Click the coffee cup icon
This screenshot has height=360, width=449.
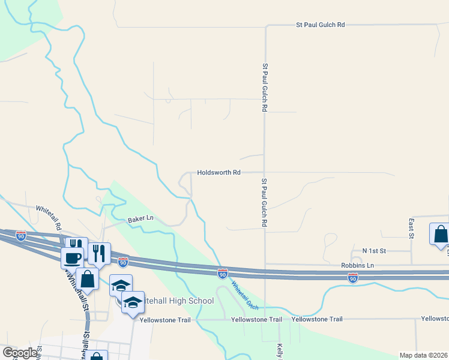point(73,257)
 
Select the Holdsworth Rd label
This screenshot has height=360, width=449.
point(218,172)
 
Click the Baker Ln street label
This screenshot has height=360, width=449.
point(141,220)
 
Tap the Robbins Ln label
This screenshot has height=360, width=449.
point(358,265)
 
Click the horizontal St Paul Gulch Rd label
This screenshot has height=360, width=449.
point(321,25)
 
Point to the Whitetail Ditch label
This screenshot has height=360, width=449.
point(245,296)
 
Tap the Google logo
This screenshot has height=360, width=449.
point(19,353)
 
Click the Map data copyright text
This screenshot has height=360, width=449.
point(423,355)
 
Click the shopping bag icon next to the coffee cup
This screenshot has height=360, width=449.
point(87,278)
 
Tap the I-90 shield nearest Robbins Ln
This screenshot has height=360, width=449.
point(353,278)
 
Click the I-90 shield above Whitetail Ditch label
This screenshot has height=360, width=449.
point(222,273)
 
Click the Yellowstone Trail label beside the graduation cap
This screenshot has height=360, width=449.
point(165,320)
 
